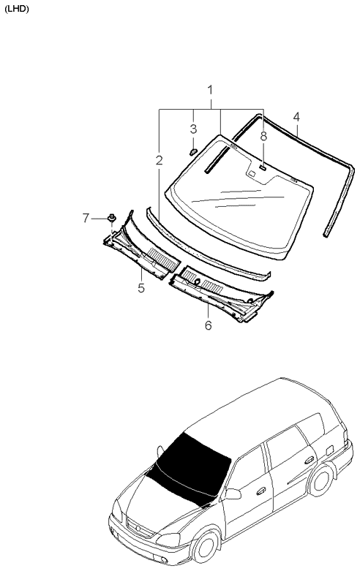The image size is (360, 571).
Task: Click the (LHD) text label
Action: [x=16, y=10]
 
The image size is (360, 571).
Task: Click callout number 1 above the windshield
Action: [x=210, y=90]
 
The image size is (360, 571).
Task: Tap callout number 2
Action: [x=159, y=160]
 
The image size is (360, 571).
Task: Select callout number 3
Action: [x=193, y=129]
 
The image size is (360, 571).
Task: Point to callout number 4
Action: [x=296, y=117]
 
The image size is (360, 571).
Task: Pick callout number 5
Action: [x=141, y=288]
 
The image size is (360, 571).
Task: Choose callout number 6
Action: [x=208, y=325]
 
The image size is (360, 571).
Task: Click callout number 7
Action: [x=86, y=218]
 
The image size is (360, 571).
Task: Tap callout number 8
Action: [x=263, y=136]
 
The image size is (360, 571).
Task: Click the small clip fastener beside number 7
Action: [x=111, y=218]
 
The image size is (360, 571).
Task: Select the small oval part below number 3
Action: [x=193, y=151]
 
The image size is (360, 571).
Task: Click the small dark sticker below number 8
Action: [x=263, y=167]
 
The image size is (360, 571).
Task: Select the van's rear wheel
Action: [x=320, y=480]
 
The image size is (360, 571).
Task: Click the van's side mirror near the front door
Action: [x=233, y=494]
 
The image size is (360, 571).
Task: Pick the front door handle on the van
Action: [x=261, y=491]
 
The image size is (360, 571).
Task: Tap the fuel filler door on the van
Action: [x=329, y=450]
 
